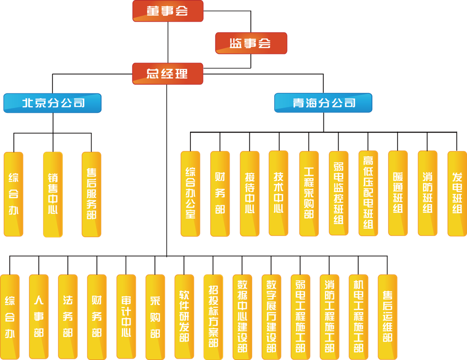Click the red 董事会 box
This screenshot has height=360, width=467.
(167, 11)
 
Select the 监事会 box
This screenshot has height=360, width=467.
(251, 43)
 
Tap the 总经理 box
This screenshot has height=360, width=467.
(167, 74)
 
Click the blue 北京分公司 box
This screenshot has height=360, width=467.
(52, 103)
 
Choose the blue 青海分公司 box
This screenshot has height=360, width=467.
(323, 103)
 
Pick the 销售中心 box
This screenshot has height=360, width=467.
(53, 194)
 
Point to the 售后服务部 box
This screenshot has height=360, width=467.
(92, 194)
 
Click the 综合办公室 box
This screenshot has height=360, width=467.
(190, 193)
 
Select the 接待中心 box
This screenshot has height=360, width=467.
(249, 193)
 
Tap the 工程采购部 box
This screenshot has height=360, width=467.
(309, 193)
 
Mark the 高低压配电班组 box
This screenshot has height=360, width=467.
(368, 193)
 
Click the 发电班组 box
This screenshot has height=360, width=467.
(457, 193)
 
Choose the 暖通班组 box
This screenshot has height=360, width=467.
(398, 193)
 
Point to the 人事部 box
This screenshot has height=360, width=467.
(39, 317)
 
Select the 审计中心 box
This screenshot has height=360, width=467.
(126, 317)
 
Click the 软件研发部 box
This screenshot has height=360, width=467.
(184, 317)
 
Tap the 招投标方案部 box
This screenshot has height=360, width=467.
(213, 317)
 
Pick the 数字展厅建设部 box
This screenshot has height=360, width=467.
(271, 317)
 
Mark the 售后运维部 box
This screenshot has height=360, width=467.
(387, 317)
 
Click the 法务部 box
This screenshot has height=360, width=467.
(68, 317)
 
